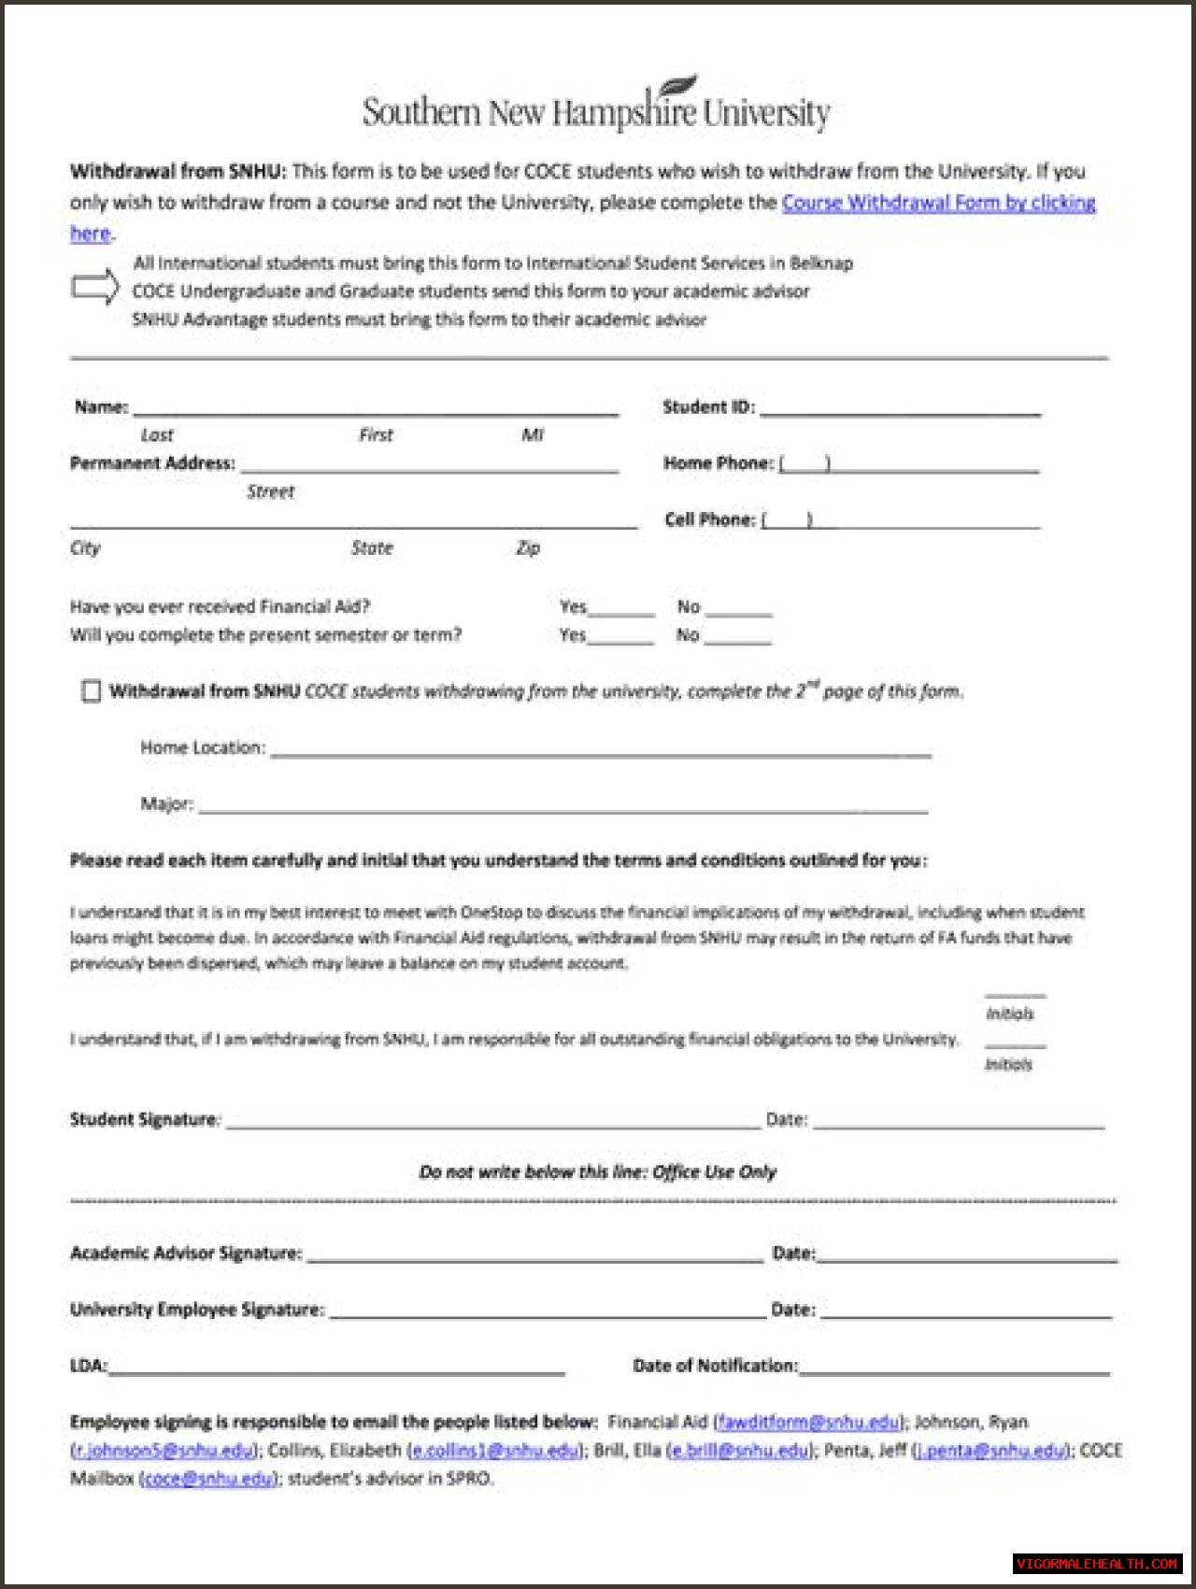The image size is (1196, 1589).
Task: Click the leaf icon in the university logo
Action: pyautogui.click(x=679, y=85)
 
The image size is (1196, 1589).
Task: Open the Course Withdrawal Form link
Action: pyautogui.click(x=938, y=202)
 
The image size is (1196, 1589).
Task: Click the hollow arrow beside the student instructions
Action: pyautogui.click(x=95, y=287)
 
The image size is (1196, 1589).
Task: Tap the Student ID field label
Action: pyautogui.click(x=708, y=406)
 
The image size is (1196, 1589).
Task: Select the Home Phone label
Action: pyautogui.click(x=718, y=462)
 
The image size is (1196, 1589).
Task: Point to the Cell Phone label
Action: pyautogui.click(x=709, y=519)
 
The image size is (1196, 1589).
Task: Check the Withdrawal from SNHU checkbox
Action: pyautogui.click(x=91, y=691)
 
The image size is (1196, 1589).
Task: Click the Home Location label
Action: pyautogui.click(x=203, y=747)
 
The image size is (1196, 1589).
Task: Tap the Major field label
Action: pyautogui.click(x=166, y=803)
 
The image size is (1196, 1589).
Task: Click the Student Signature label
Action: pyautogui.click(x=144, y=1119)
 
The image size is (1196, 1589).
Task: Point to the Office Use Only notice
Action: pyautogui.click(x=597, y=1171)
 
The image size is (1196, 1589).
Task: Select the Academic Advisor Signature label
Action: pyautogui.click(x=186, y=1253)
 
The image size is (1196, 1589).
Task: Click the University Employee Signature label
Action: pyautogui.click(x=197, y=1309)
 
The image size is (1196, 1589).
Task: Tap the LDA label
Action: pyautogui.click(x=88, y=1366)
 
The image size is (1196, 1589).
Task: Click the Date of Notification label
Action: pyautogui.click(x=715, y=1366)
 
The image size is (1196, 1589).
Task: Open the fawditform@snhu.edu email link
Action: pyautogui.click(x=808, y=1422)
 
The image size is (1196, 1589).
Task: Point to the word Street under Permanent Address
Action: pyautogui.click(x=270, y=491)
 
